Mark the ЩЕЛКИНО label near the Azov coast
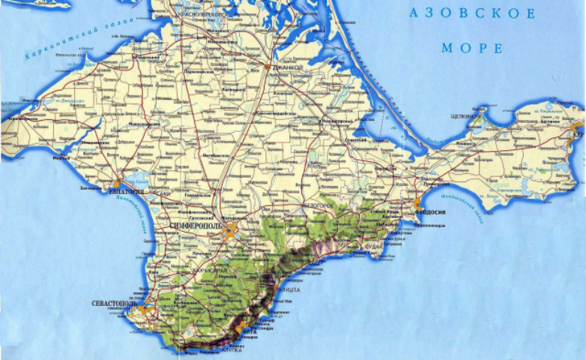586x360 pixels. click(x=462, y=116)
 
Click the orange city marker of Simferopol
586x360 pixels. click(x=232, y=231)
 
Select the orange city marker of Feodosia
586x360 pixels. click(x=417, y=203)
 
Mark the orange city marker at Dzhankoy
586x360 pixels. click(x=268, y=67)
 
